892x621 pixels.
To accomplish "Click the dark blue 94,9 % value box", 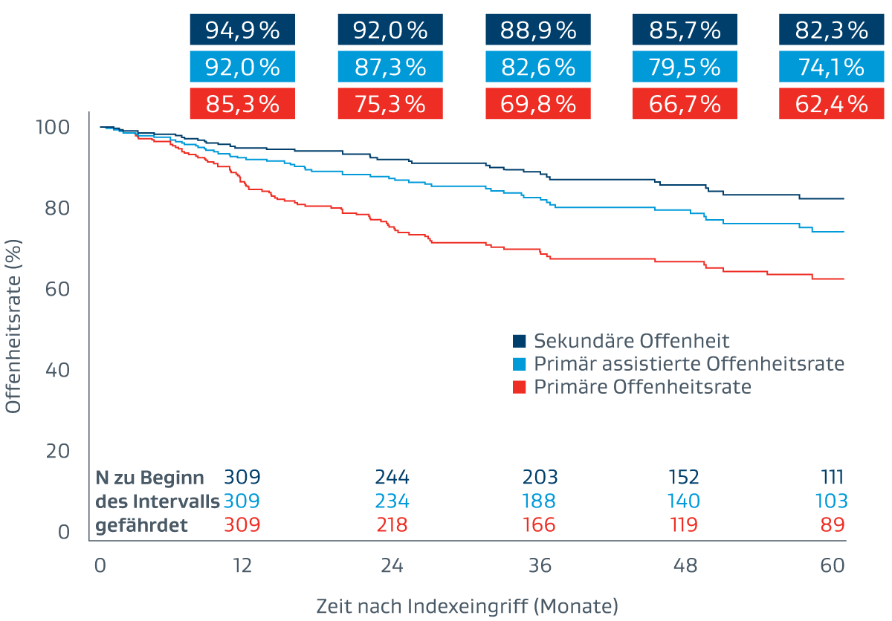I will click(x=242, y=30).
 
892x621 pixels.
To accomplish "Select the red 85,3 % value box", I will click(x=242, y=103).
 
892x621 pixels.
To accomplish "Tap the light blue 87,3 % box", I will click(x=390, y=67).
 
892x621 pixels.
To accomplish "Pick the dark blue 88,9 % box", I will click(x=537, y=30).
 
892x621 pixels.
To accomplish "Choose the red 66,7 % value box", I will click(x=685, y=103).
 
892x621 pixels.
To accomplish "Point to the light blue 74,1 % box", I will click(x=832, y=67).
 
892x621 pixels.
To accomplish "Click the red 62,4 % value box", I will click(x=832, y=103).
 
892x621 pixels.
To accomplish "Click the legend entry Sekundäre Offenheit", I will click(x=631, y=341).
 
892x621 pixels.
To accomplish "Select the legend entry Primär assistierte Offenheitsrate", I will click(x=688, y=364).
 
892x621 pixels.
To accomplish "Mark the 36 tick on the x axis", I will click(x=540, y=565).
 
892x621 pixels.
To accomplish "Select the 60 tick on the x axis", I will click(x=833, y=565).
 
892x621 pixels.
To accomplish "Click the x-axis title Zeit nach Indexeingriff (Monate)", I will click(x=467, y=605).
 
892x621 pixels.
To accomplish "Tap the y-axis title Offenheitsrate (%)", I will click(x=13, y=327).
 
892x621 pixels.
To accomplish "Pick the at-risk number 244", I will click(x=392, y=477).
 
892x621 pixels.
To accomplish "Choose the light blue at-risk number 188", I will click(x=539, y=501).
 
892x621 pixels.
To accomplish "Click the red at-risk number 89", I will click(x=833, y=525).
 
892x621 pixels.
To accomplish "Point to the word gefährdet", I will click(x=141, y=526).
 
